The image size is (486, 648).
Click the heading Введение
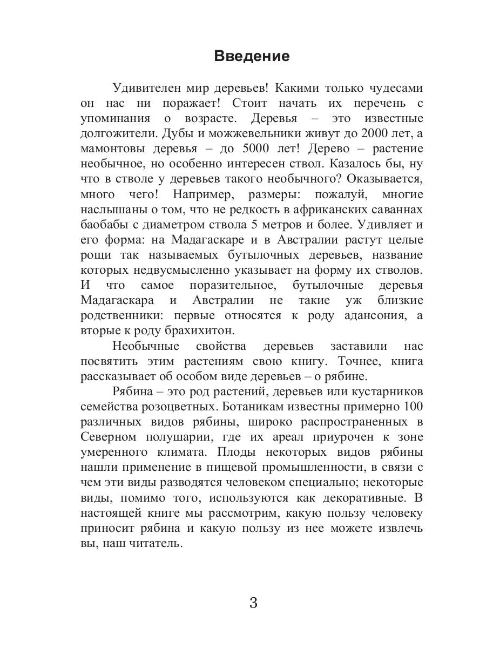click(x=252, y=56)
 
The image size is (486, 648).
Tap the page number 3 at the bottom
click(x=253, y=603)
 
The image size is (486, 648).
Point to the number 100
click(x=413, y=406)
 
